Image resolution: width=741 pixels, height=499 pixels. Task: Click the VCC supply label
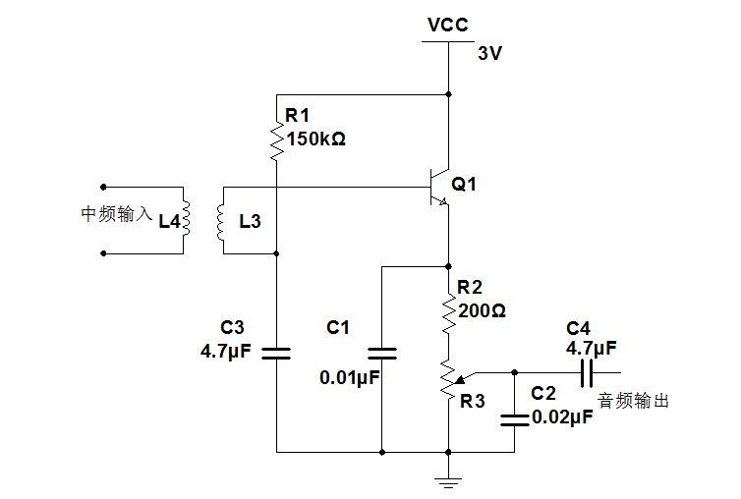pyautogui.click(x=447, y=25)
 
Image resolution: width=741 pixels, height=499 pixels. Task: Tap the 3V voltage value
pyautogui.click(x=489, y=53)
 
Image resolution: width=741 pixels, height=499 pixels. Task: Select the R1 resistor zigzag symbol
pyautogui.click(x=277, y=140)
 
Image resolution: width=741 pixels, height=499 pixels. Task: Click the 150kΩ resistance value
pyautogui.click(x=315, y=139)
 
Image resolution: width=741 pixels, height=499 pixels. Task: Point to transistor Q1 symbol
pyautogui.click(x=439, y=187)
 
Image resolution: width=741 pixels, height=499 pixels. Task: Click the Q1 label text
pyautogui.click(x=464, y=184)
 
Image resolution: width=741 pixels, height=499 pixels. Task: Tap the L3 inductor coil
pyautogui.click(x=220, y=222)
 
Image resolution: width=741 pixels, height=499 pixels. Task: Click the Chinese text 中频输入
pyautogui.click(x=117, y=213)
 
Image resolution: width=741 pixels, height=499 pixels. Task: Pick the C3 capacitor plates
pyautogui.click(x=276, y=353)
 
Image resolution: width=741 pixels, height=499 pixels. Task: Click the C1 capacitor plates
pyautogui.click(x=382, y=353)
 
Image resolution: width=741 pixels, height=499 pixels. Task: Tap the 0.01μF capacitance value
pyautogui.click(x=350, y=377)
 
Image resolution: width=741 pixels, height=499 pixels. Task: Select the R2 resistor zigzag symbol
pyautogui.click(x=448, y=312)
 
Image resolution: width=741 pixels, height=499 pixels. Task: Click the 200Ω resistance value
pyautogui.click(x=482, y=311)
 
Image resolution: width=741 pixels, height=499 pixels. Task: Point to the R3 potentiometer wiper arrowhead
pyautogui.click(x=459, y=379)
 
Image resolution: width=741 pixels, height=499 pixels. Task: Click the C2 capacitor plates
pyautogui.click(x=515, y=420)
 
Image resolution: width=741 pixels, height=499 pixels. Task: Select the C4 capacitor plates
pyautogui.click(x=587, y=372)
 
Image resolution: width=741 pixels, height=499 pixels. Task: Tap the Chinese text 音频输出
pyautogui.click(x=633, y=400)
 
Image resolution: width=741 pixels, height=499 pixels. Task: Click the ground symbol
pyautogui.click(x=448, y=482)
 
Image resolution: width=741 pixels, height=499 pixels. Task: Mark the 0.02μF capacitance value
pyautogui.click(x=562, y=417)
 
